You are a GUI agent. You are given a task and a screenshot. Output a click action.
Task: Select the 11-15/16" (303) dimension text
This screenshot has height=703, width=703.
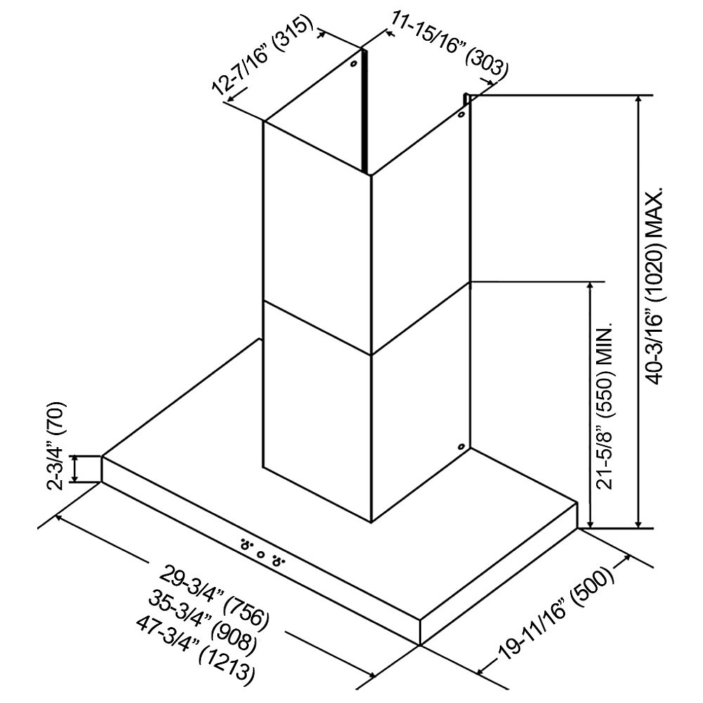click(450, 44)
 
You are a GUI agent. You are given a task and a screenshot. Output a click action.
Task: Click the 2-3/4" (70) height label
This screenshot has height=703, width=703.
click(58, 446)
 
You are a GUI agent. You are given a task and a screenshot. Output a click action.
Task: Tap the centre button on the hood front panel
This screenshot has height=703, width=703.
click(261, 555)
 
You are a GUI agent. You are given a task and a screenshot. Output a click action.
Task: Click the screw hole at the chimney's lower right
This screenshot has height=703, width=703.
click(461, 446)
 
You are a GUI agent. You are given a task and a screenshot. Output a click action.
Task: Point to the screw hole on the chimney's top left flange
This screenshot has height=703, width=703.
click(354, 65)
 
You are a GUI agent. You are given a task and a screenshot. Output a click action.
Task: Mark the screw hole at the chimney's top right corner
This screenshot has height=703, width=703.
click(461, 115)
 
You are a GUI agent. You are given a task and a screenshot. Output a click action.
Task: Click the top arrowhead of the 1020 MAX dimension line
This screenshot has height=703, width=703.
click(639, 101)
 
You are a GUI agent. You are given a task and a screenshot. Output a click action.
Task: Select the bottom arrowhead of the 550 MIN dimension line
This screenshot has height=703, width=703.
click(591, 523)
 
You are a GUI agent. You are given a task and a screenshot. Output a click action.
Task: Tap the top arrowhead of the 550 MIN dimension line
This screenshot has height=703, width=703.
click(591, 288)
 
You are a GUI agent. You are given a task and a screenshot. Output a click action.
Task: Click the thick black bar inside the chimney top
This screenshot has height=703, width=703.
click(365, 112)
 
